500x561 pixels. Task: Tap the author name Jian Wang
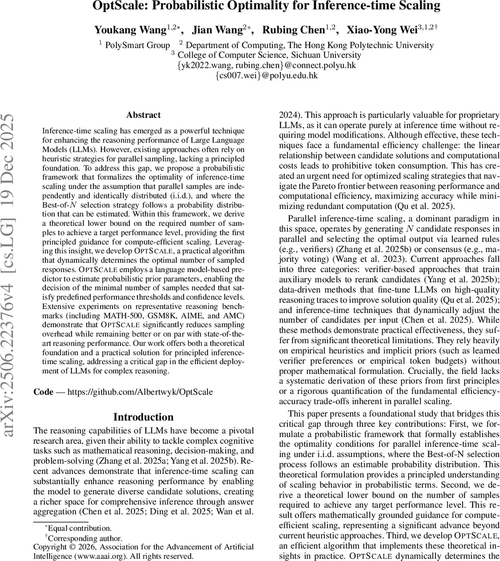(219, 30)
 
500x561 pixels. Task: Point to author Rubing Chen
(293, 30)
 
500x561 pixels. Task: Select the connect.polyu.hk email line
(266, 65)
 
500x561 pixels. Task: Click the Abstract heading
(143, 115)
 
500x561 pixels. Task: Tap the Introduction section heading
(143, 417)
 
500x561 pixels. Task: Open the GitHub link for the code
(140, 392)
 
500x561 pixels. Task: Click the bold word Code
(43, 392)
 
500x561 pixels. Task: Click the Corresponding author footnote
(85, 538)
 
